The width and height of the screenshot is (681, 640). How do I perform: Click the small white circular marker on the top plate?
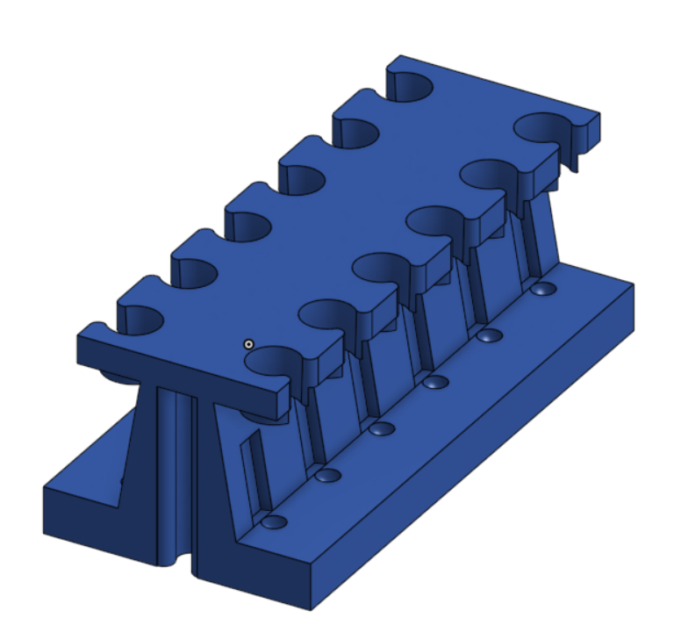pyautogui.click(x=249, y=344)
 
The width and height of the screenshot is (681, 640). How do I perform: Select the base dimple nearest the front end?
pyautogui.click(x=275, y=522)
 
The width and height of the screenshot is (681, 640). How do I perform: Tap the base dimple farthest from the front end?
pyautogui.click(x=543, y=289)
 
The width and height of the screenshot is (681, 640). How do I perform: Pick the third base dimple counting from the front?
pyautogui.click(x=382, y=429)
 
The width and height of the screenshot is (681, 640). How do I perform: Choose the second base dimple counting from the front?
pyautogui.click(x=328, y=476)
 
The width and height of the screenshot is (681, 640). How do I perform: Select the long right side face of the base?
pyautogui.click(x=474, y=457)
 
